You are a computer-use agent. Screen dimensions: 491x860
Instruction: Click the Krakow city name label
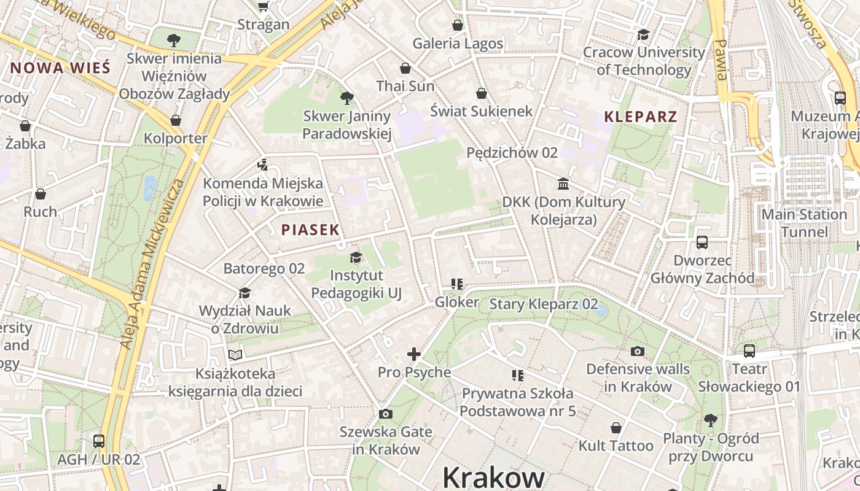click(493, 477)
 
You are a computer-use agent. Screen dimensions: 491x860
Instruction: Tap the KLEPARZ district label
click(641, 117)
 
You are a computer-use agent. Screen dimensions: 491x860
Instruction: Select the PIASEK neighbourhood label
click(310, 230)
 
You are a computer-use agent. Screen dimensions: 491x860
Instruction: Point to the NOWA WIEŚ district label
click(60, 68)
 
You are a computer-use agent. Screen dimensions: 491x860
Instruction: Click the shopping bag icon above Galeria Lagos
click(457, 25)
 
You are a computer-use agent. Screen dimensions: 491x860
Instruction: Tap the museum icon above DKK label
click(563, 184)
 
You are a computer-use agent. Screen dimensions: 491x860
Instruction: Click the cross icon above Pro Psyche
click(414, 354)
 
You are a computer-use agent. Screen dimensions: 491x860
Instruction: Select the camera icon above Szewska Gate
click(386, 414)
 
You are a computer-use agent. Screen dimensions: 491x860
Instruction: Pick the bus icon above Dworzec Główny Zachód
click(702, 242)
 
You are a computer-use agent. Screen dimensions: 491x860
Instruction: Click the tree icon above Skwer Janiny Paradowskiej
click(346, 98)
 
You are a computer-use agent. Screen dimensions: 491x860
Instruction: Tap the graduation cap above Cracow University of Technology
click(643, 34)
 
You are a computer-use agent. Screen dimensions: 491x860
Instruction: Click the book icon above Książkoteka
click(235, 355)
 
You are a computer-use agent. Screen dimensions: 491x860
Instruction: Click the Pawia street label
click(721, 60)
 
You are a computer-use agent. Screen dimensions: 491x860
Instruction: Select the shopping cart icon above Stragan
click(264, 7)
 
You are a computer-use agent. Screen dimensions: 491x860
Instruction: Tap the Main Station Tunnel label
click(804, 223)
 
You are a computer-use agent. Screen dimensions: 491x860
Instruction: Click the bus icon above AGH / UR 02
click(98, 441)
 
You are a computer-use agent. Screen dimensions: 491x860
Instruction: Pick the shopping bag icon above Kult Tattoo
click(616, 428)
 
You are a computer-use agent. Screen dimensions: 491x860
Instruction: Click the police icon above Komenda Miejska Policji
click(263, 164)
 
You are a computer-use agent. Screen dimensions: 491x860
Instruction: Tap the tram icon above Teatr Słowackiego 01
click(749, 351)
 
